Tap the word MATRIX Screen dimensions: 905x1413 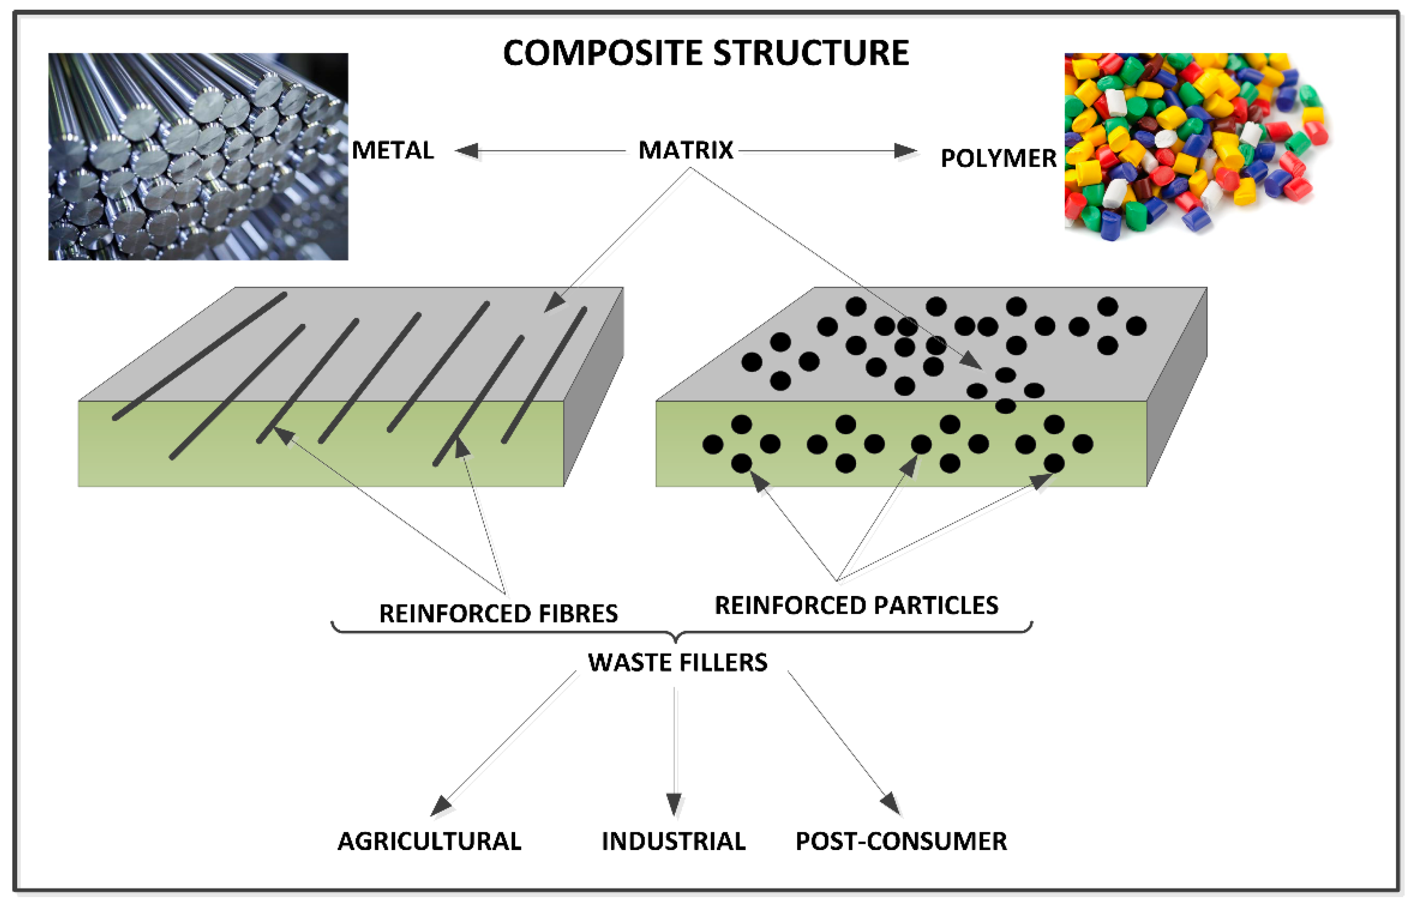point(685,151)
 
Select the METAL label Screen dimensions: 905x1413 point(393,151)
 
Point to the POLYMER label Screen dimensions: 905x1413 point(998,158)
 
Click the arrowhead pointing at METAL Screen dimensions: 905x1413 point(467,151)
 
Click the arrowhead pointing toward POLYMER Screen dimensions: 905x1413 point(905,151)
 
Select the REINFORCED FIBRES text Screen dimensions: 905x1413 point(498,614)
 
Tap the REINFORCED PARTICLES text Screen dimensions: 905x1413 point(856,605)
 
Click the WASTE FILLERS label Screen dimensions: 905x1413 point(677,662)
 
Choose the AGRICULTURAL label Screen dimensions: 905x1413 point(429,842)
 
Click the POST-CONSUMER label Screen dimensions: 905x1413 point(900,842)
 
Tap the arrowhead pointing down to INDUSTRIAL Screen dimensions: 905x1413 point(674,804)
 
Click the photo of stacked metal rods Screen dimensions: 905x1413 point(198,156)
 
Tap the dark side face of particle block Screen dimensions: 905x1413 point(1177,388)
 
